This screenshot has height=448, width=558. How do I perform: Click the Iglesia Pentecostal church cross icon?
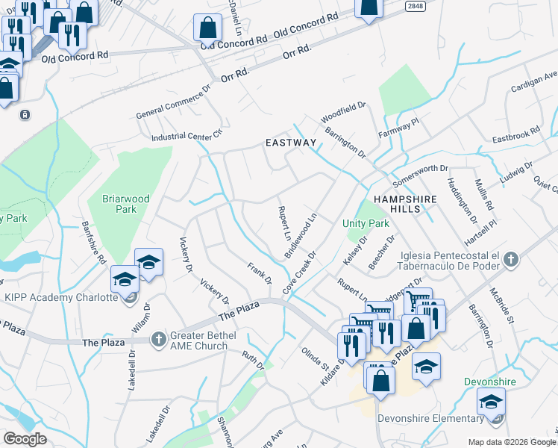(510, 260)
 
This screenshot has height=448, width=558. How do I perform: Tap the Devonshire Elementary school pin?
(490, 403)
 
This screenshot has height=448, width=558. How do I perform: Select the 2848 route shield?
(416, 6)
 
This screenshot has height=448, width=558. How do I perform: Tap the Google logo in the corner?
(25, 439)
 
